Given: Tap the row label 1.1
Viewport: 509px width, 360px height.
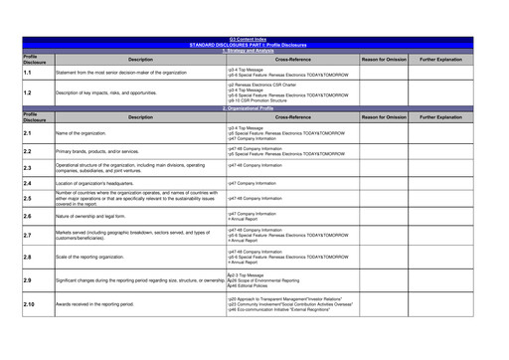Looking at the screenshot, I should tap(29, 73).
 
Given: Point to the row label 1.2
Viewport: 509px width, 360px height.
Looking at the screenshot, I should tap(29, 92).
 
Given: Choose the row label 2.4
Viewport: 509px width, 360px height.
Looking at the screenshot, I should tap(29, 184).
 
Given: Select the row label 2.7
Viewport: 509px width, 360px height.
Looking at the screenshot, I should tap(29, 236).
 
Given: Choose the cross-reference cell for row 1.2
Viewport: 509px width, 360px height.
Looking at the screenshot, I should tap(288, 92).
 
